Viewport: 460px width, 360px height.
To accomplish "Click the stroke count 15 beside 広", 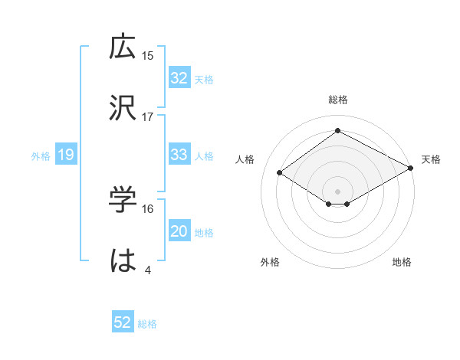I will point(148,55).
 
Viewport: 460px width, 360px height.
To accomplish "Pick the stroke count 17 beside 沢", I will point(148,116).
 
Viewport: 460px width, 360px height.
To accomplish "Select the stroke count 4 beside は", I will point(148,270).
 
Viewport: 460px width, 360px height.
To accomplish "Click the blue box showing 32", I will point(179,78).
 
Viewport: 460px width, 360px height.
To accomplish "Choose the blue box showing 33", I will point(179,155).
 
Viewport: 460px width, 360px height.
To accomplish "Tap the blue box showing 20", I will point(179,231).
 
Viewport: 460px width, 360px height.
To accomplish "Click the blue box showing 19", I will point(65,155).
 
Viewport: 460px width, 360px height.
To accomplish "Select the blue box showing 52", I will point(123,323).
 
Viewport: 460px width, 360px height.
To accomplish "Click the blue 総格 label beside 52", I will point(147,324).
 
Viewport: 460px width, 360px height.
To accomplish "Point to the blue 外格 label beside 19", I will point(41,156).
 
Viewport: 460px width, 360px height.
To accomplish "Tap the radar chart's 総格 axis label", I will point(338,100).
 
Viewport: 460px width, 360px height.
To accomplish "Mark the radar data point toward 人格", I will point(280,173).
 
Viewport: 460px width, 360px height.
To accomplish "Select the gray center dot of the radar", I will point(338,191).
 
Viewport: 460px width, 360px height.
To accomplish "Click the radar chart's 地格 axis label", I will point(402,262).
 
